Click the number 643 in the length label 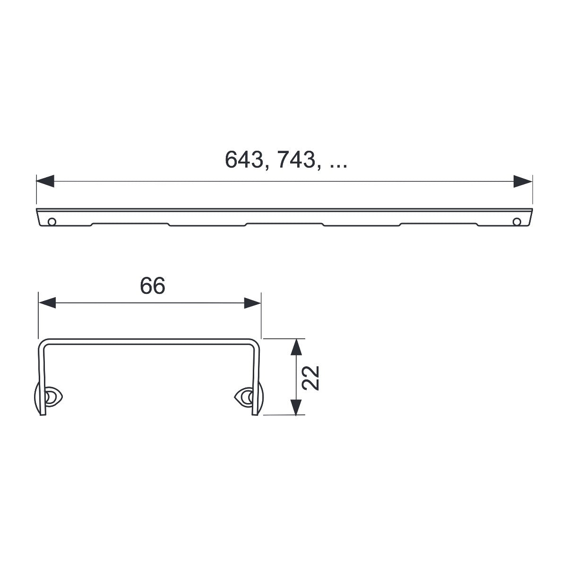(244, 160)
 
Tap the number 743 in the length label (296, 160)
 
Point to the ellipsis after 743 (338, 166)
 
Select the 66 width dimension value (153, 285)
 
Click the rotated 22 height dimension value (311, 378)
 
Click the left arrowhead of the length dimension (45, 181)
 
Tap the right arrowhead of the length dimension (523, 181)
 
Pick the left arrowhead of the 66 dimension (47, 303)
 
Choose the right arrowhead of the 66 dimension (252, 303)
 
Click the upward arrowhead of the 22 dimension (296, 347)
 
